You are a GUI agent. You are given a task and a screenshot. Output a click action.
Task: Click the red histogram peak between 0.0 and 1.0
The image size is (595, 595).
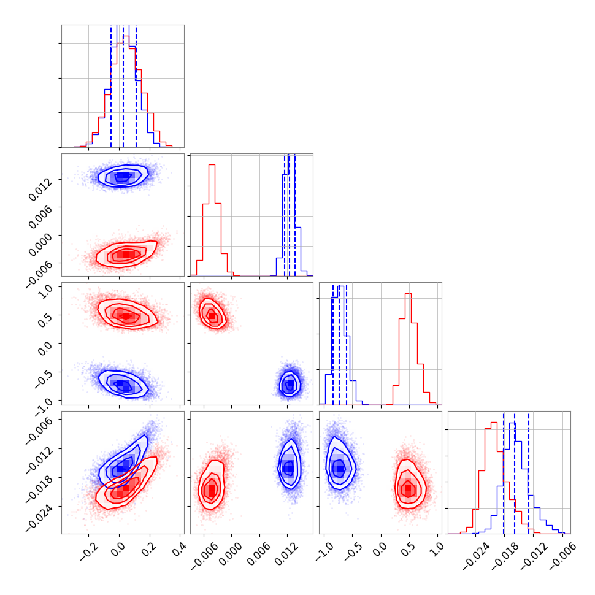click(408, 294)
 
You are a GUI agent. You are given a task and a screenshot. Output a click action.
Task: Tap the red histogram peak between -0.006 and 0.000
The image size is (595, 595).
click(212, 164)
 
